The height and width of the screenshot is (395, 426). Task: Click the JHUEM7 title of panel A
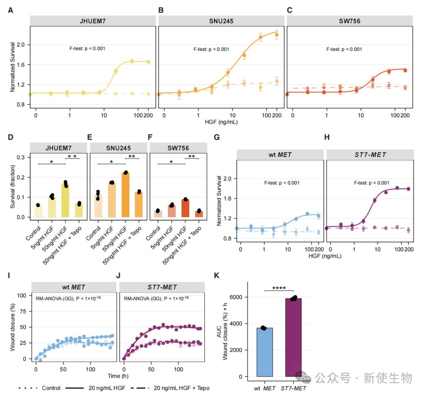(92, 21)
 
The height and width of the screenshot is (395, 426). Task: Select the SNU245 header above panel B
(221, 21)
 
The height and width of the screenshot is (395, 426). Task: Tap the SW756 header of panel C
(349, 21)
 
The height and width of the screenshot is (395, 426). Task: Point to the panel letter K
(217, 276)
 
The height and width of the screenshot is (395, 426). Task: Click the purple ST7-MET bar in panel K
(293, 337)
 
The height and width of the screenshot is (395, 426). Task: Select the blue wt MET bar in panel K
(265, 352)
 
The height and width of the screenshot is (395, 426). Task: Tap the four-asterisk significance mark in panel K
(279, 288)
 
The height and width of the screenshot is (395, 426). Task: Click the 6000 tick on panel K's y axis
(236, 297)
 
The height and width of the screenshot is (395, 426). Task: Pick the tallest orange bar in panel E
(125, 195)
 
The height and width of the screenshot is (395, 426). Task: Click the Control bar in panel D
(38, 211)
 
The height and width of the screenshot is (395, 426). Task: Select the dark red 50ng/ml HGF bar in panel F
(185, 208)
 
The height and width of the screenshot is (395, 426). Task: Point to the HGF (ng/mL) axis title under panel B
(221, 122)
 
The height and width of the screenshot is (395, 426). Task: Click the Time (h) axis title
(118, 376)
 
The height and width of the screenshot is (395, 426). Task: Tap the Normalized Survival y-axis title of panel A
(13, 67)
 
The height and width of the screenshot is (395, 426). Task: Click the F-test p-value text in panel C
(344, 49)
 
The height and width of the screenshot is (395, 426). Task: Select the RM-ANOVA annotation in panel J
(156, 298)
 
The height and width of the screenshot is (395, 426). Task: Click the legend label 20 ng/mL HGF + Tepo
(181, 388)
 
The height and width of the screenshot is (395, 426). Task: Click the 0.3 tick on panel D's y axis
(21, 157)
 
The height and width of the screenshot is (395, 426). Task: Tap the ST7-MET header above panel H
(370, 155)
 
